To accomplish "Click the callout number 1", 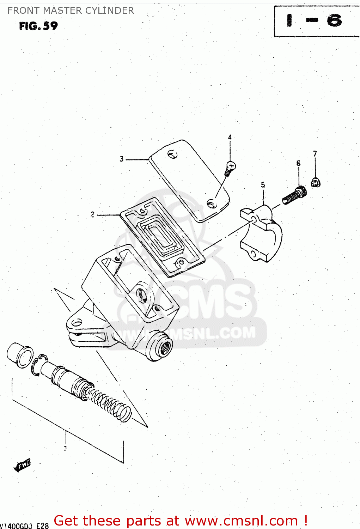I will (65, 448).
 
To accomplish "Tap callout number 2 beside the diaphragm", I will (92, 214).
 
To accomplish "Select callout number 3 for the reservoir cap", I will (122, 159).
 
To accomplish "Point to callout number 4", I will (230, 137).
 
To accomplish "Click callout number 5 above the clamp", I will (263, 185).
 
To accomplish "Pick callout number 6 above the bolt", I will (298, 163).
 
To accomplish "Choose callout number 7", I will (315, 153).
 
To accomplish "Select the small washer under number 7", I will (316, 183).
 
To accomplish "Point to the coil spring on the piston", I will (111, 406).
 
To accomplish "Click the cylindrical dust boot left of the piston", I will (19, 355).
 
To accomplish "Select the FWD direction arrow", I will (23, 465).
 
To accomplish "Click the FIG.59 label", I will (38, 26).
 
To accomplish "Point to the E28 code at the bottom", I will (42, 526).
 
